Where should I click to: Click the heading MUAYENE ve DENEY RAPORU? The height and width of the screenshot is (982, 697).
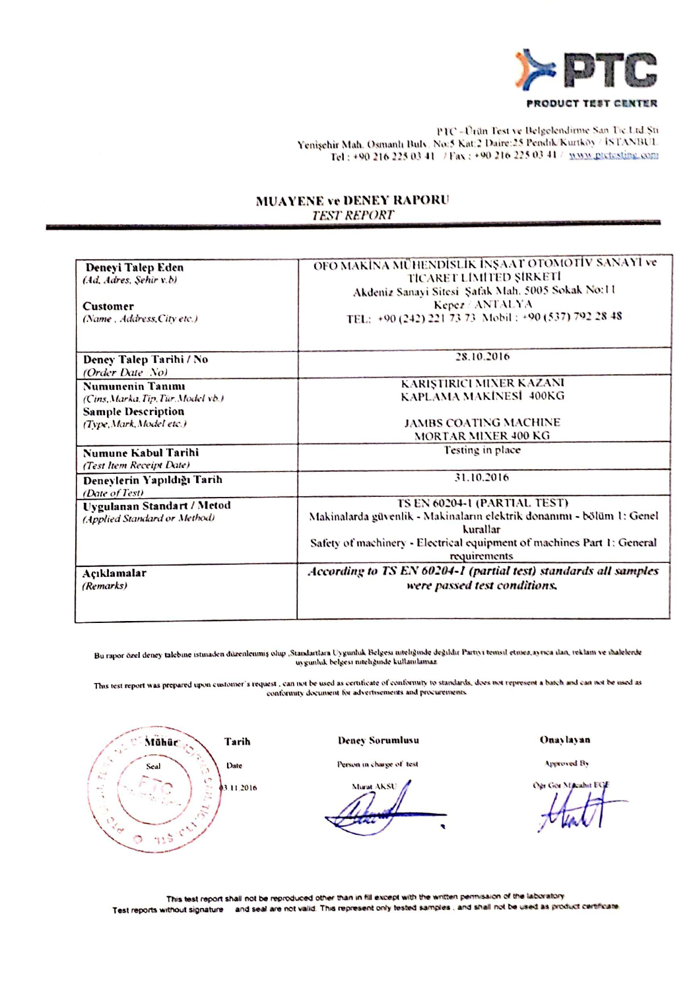tap(352, 201)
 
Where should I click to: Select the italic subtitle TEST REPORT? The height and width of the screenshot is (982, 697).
tap(352, 215)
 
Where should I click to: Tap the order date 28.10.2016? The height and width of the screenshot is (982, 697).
tap(482, 357)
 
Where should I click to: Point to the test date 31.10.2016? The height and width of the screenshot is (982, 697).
tap(482, 477)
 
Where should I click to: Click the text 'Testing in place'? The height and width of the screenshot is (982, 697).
tap(482, 450)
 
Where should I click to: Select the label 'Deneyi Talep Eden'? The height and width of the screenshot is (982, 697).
tap(135, 267)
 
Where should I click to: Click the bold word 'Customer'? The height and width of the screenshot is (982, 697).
tap(108, 306)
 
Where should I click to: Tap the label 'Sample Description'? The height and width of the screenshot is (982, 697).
tap(133, 411)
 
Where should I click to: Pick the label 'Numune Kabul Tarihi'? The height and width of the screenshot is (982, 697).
tap(141, 453)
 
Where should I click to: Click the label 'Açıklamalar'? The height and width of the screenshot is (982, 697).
tap(114, 573)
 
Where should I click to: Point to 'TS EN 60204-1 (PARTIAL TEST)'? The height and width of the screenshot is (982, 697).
tap(482, 503)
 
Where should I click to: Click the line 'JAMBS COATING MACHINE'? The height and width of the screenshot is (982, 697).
tap(482, 422)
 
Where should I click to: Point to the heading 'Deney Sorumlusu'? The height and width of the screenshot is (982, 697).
tap(378, 740)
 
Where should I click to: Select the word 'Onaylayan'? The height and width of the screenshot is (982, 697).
tap(565, 740)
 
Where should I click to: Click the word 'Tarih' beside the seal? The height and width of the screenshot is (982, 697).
tap(237, 742)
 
